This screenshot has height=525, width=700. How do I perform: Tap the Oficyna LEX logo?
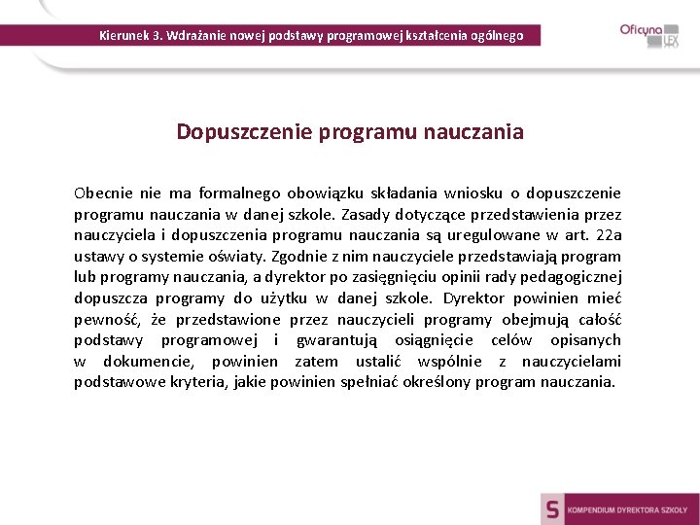coord(649,35)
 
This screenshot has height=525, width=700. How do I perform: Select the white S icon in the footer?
coord(553,508)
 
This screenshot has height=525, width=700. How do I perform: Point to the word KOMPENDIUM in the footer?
coord(595,509)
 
